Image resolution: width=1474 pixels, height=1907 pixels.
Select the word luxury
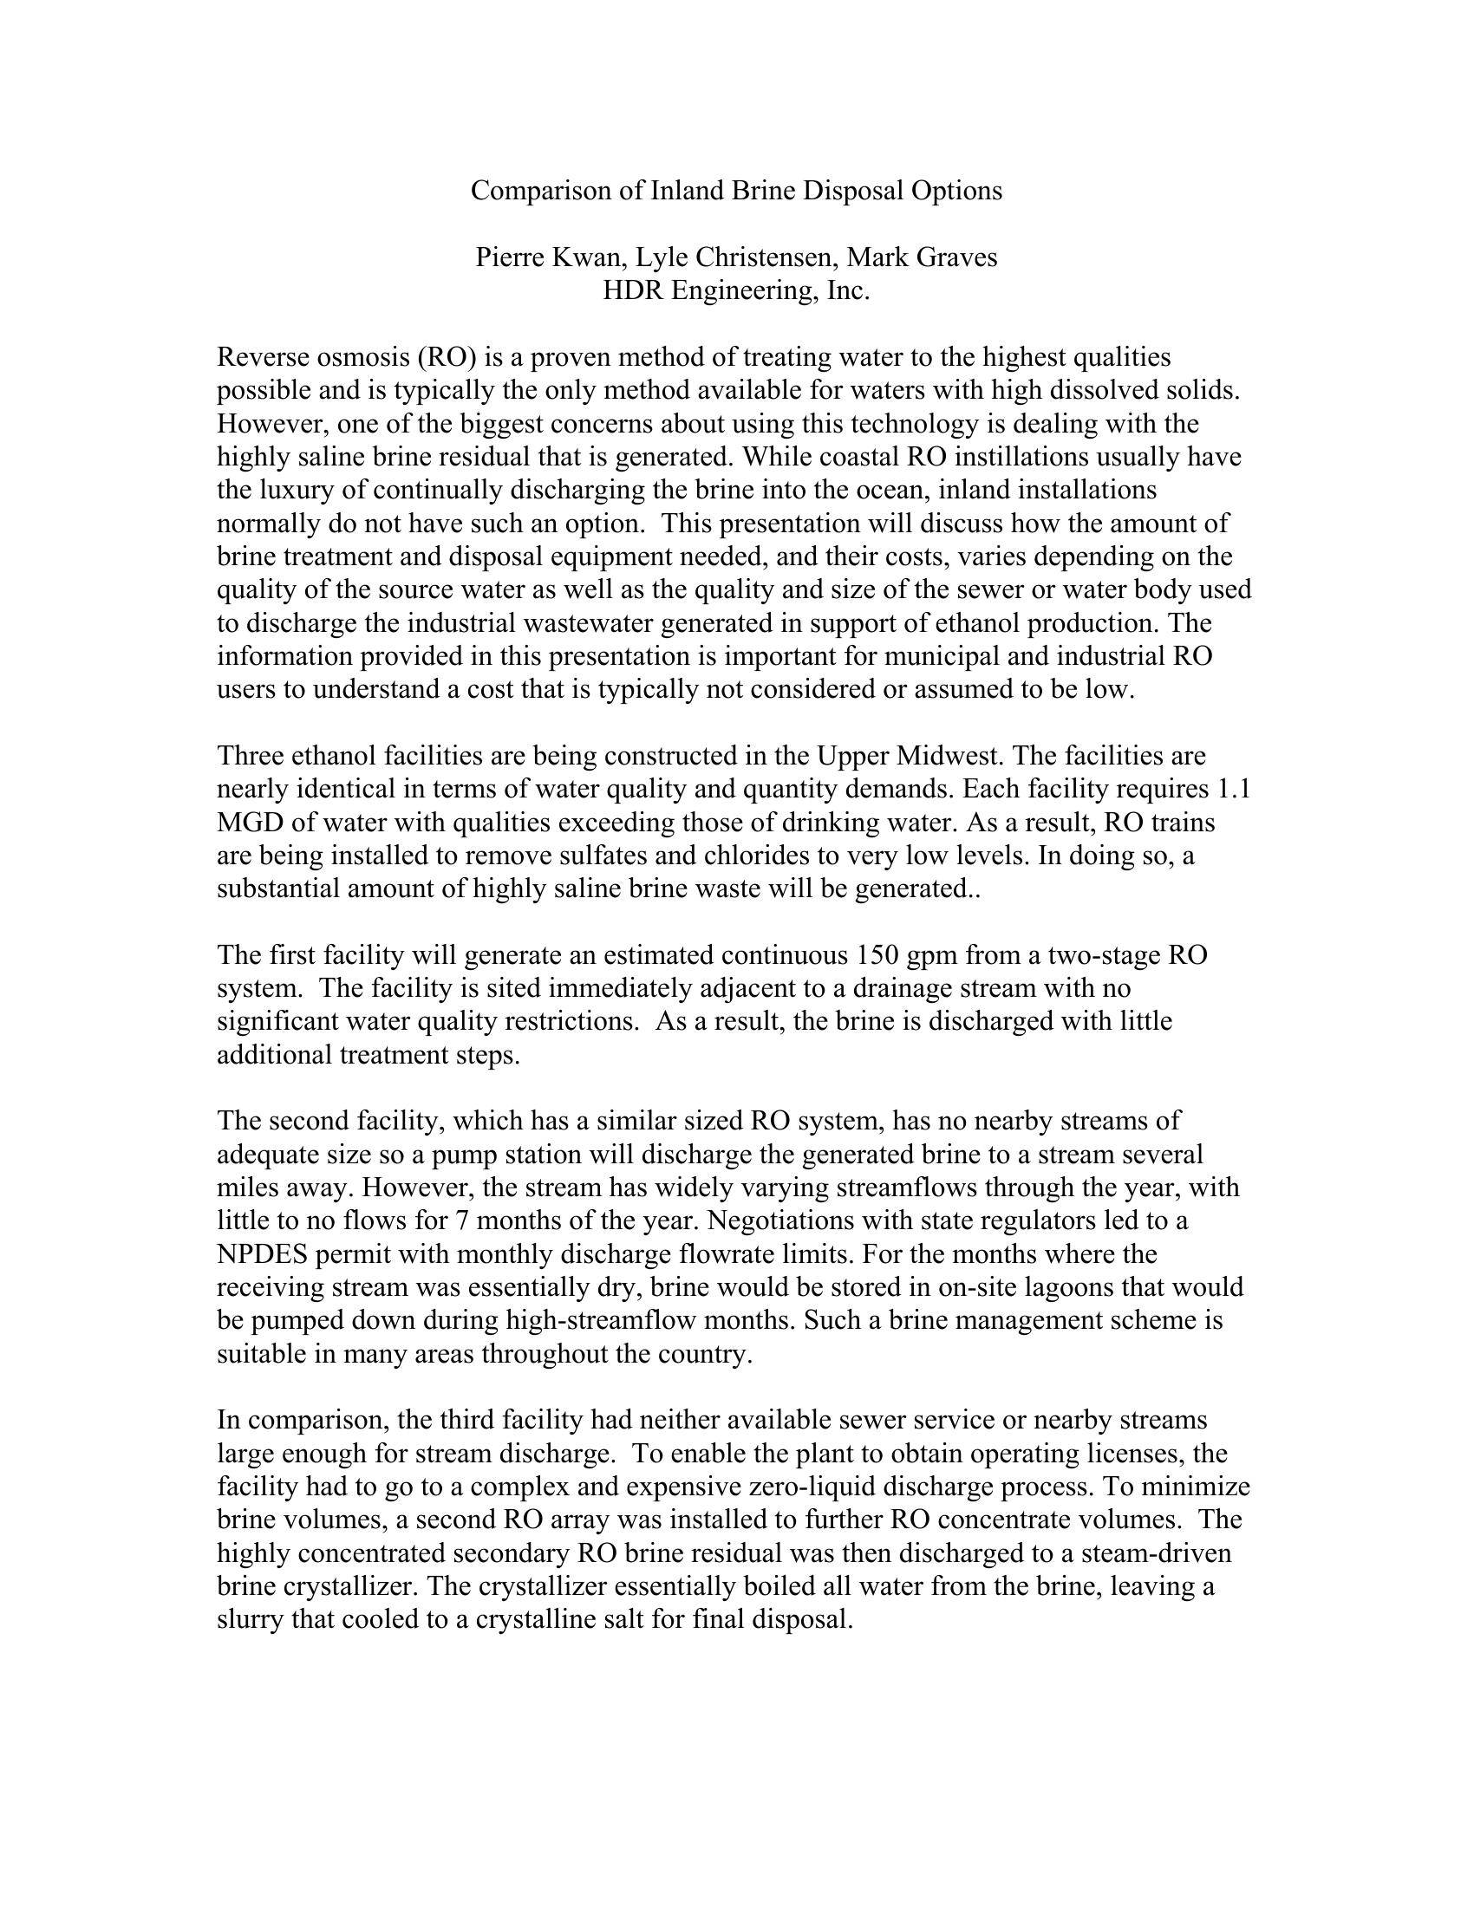pyautogui.click(x=316, y=490)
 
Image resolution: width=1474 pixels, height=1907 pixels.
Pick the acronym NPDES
pyautogui.click(x=262, y=1255)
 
